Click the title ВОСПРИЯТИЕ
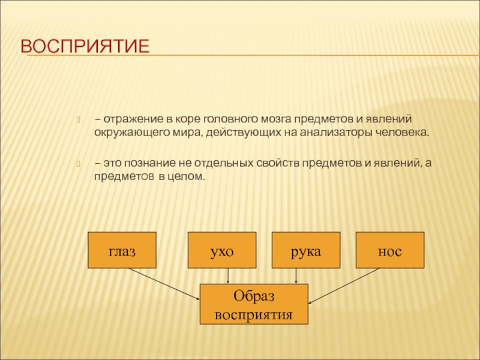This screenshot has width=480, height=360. point(85,46)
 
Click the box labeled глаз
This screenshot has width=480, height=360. point(122,250)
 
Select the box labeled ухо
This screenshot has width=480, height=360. point(222,250)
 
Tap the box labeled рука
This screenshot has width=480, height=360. point(306,250)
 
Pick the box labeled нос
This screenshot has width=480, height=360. point(390,250)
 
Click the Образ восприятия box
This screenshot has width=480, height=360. point(254,304)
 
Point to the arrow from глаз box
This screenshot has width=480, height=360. point(164,284)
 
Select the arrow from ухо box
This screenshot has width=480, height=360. point(228,276)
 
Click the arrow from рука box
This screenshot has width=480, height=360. point(296,276)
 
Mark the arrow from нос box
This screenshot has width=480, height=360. point(344,286)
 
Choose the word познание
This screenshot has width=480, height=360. point(150,163)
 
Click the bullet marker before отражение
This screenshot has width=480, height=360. point(78,119)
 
